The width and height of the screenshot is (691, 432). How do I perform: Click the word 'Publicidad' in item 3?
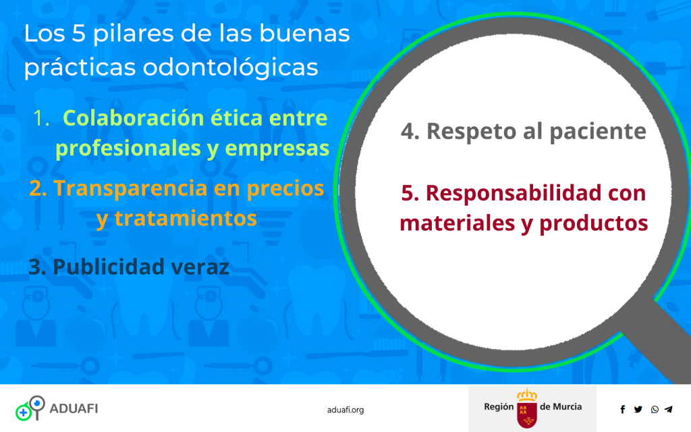(103, 267)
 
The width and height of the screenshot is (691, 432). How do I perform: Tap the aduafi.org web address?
(345, 409)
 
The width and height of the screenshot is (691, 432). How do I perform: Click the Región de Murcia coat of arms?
(526, 408)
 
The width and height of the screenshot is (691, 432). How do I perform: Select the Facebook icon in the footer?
(622, 409)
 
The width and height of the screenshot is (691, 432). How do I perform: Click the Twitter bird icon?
(638, 409)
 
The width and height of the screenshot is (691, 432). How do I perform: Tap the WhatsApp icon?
(655, 409)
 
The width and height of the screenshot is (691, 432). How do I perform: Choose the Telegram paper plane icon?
(669, 409)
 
